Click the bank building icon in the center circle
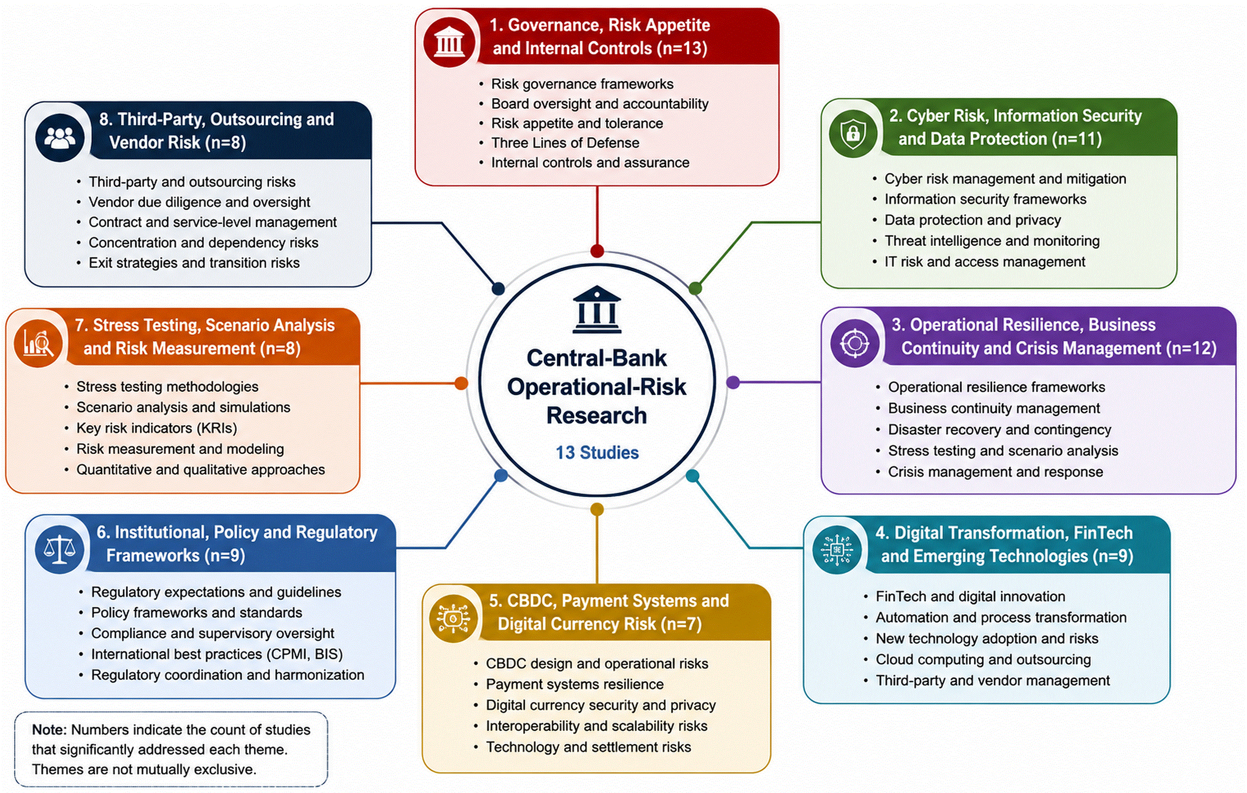click(596, 309)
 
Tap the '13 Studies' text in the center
click(597, 452)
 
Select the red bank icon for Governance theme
click(449, 41)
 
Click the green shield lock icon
click(853, 133)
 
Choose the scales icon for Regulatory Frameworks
click(59, 549)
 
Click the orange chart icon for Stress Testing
click(38, 343)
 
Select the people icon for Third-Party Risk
click(60, 138)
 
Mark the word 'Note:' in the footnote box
click(49, 729)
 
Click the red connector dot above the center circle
click(597, 251)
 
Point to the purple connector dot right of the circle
click(733, 382)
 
